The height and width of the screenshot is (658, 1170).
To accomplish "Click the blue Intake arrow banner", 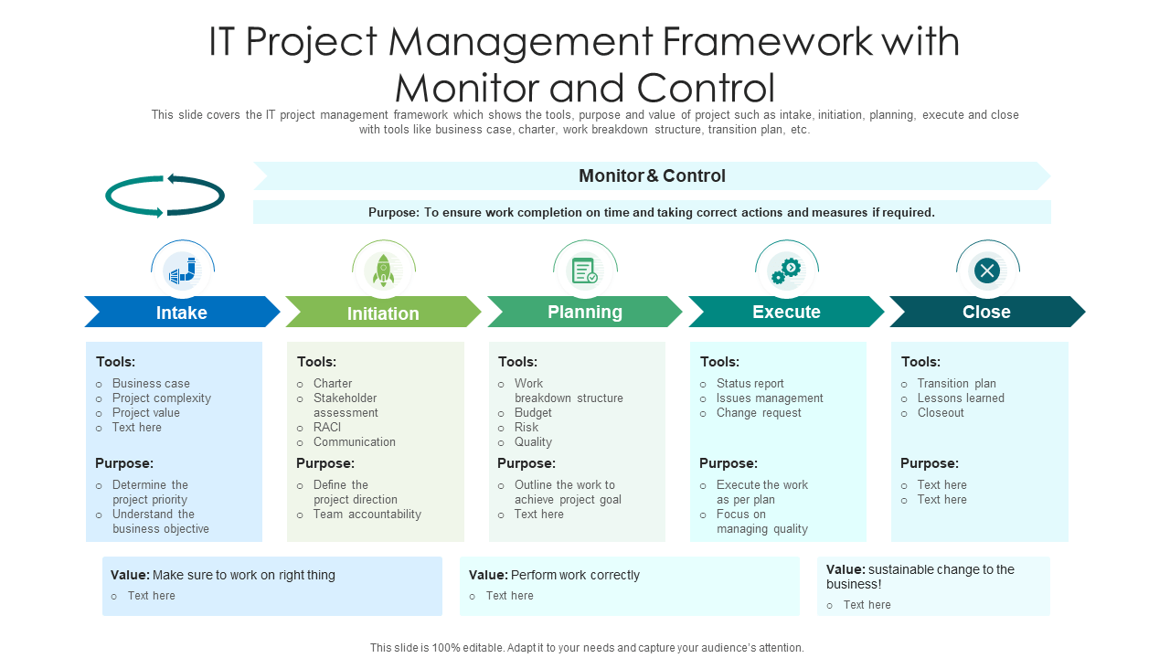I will tap(182, 313).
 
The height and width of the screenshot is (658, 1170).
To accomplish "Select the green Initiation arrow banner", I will tap(383, 313).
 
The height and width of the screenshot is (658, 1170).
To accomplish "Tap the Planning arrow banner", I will tap(585, 312).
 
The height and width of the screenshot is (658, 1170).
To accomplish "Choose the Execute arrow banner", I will tap(786, 312).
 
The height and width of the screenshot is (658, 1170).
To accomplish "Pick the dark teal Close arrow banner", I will tap(986, 312).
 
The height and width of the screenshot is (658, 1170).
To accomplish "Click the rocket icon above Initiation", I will tap(384, 271).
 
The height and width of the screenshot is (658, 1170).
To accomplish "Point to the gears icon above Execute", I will tap(786, 271).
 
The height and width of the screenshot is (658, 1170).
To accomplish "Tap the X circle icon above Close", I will tap(987, 271).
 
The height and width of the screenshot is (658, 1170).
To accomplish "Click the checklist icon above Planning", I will tap(585, 271).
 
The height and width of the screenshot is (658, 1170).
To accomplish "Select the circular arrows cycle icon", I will tap(165, 196).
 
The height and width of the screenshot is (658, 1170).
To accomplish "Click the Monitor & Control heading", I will tap(652, 175).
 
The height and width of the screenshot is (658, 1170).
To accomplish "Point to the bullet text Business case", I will tap(151, 384).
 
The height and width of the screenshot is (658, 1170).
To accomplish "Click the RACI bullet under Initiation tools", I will tap(327, 428).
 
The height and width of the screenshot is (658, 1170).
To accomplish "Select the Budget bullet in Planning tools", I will tap(533, 413).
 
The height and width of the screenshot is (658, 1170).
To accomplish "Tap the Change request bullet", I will tap(759, 413).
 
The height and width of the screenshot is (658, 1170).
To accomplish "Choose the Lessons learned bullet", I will tap(961, 398).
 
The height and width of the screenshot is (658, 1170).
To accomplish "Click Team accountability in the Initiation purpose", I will tap(367, 515).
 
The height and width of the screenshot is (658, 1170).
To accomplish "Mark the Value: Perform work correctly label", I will tap(554, 576).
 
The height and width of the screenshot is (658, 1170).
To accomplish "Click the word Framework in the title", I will tap(760, 43).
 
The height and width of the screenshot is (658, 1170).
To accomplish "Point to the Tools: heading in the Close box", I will tap(920, 362).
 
